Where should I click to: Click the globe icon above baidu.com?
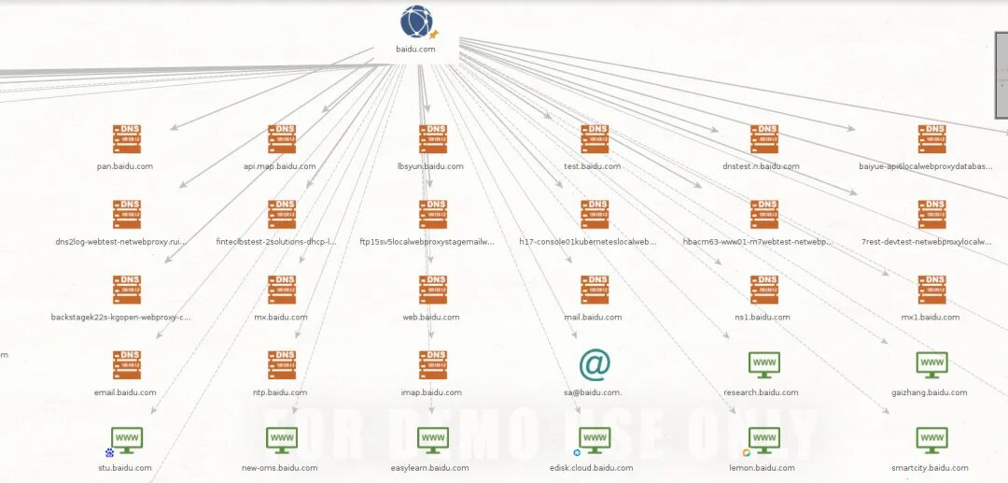pos(416,21)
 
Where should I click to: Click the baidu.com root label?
pos(415,49)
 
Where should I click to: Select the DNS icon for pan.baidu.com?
pos(126,139)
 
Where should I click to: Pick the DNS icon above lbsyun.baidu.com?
pos(433,139)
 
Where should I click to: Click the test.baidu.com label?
pos(592,166)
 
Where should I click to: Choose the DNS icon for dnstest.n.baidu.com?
pos(764,139)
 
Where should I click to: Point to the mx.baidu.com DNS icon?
pos(281,290)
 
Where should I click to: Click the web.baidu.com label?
pos(431,318)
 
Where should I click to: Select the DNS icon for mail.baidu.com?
pos(595,290)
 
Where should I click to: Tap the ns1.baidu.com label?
pos(763,318)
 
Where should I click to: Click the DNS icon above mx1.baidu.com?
pos(931,290)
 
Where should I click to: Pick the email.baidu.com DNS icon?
pos(126,365)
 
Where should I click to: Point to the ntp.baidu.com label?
pos(280,392)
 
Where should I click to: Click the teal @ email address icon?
pos(594,365)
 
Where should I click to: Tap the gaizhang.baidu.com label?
pos(929,392)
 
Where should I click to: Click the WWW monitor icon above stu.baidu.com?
pos(126,439)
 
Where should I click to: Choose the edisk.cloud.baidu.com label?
pos(592,468)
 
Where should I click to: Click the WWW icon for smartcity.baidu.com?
pos(931,439)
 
